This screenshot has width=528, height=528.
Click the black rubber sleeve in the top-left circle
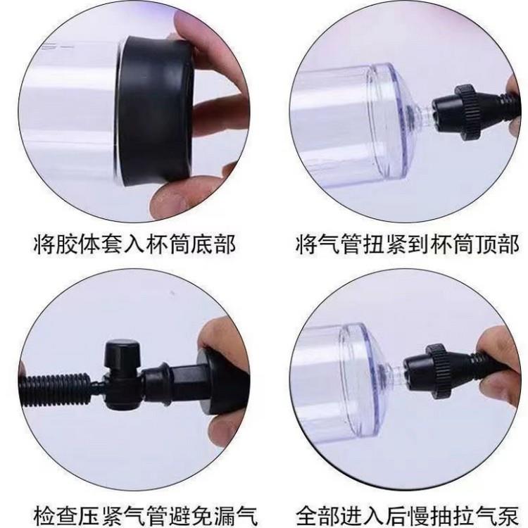(156, 111)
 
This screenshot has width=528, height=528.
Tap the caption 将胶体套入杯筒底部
(134, 245)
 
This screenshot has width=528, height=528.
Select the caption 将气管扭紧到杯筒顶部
(408, 245)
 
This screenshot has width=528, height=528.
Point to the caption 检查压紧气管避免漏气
(146, 514)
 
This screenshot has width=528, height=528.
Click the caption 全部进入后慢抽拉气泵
(408, 514)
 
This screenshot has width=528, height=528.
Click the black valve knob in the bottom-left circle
(122, 355)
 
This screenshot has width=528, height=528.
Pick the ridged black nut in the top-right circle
(466, 112)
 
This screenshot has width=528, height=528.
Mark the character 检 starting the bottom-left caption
(45, 514)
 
